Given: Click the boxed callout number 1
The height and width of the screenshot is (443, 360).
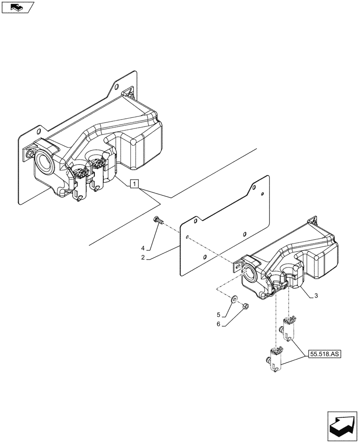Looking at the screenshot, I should coord(135,183).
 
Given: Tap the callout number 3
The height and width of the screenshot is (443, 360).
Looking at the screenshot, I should coord(315,295).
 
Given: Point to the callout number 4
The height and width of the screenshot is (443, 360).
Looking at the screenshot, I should coord(143,247).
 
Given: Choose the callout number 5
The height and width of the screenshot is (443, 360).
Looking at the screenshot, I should coord(218,315).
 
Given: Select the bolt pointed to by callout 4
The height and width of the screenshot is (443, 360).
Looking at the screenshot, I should coord(158,219).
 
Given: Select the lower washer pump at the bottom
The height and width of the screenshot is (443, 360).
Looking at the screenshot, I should coord(274,360).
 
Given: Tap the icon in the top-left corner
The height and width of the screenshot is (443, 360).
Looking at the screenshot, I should coord(18,7).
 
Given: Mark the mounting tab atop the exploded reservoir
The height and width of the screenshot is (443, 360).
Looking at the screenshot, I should coord(313,220).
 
